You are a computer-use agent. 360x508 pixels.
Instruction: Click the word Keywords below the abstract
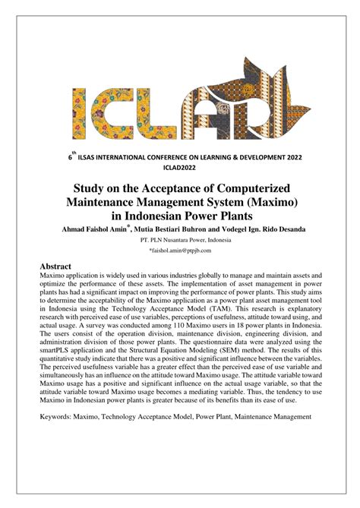62,416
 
